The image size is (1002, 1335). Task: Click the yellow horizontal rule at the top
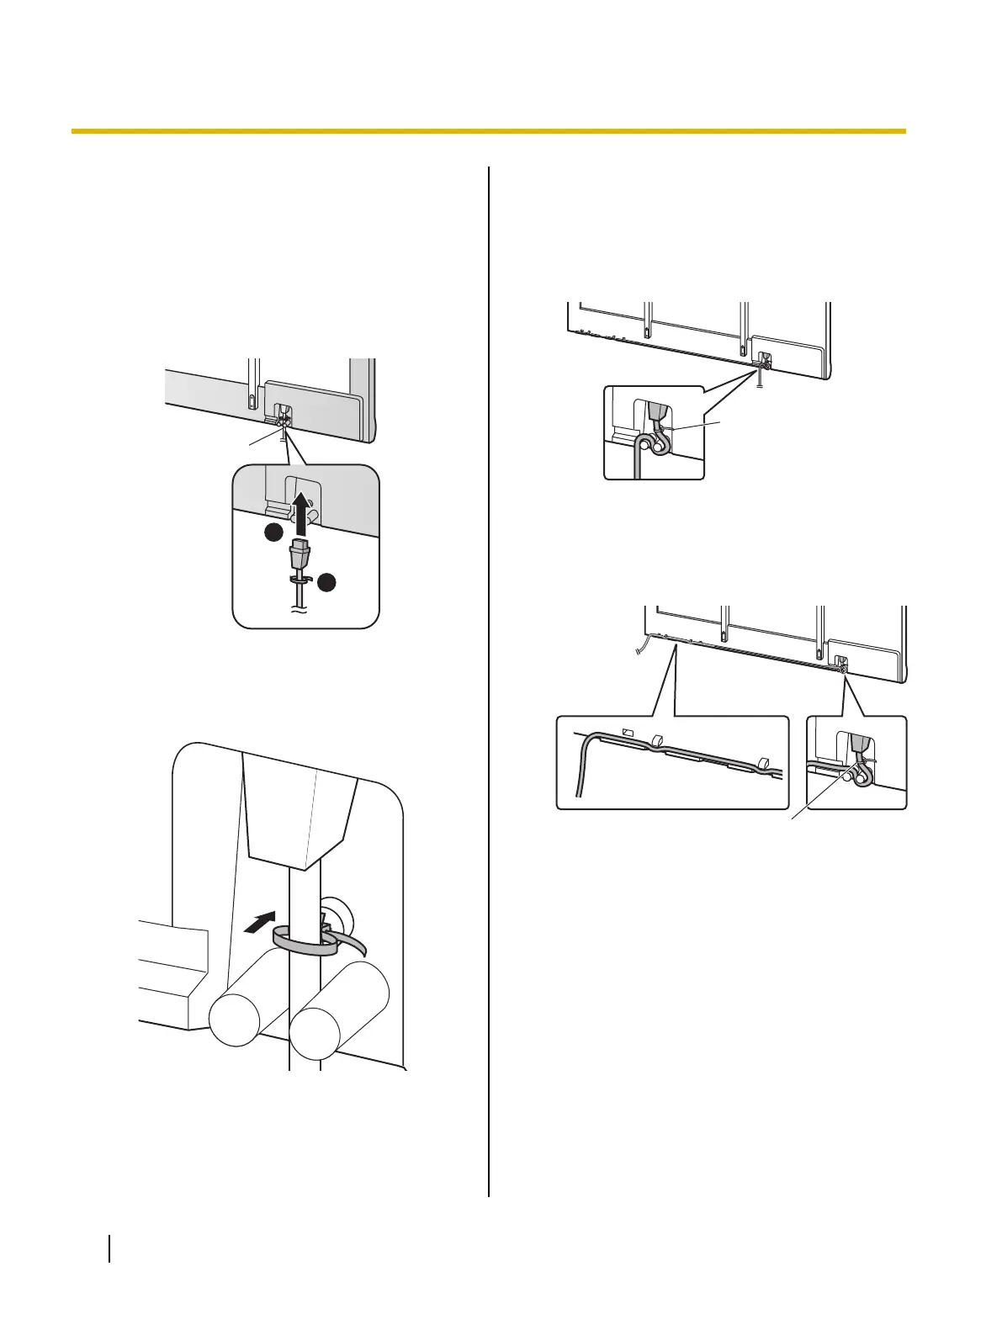click(x=488, y=131)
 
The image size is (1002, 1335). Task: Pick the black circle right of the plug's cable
click(x=328, y=582)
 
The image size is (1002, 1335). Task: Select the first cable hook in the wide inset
click(x=659, y=741)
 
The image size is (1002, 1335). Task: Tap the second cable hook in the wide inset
click(x=763, y=764)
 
